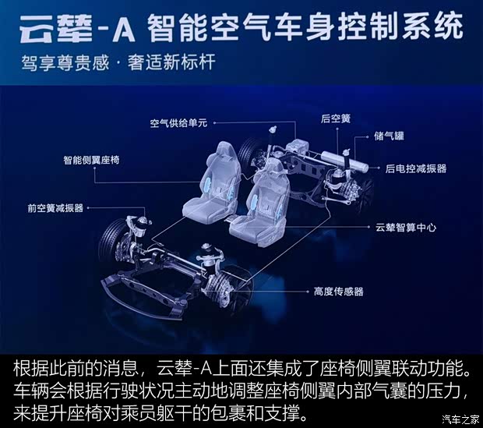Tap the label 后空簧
point(336,119)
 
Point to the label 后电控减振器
point(414,168)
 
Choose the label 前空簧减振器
point(54,208)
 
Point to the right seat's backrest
point(269,191)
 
